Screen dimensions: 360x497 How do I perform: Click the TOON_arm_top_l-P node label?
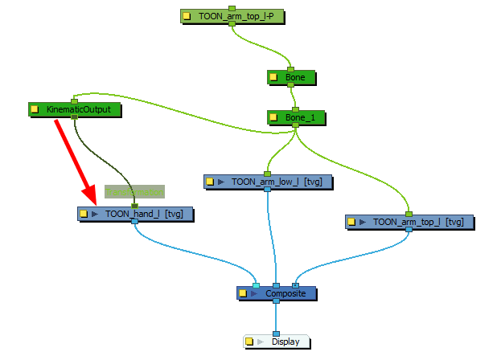235,15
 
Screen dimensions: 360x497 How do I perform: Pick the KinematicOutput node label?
79,108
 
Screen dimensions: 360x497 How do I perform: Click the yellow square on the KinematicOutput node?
35,108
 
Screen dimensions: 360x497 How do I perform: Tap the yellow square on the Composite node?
244,293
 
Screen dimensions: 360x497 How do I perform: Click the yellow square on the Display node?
250,342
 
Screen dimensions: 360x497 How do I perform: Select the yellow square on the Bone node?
274,78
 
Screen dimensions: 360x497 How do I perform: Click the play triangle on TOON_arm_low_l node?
223,182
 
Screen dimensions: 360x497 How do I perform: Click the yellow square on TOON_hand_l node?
84,214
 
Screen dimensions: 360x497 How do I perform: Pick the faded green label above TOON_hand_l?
134,191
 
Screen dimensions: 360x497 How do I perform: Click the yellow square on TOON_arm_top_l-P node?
187,15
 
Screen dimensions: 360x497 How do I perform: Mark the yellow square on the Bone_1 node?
274,117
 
